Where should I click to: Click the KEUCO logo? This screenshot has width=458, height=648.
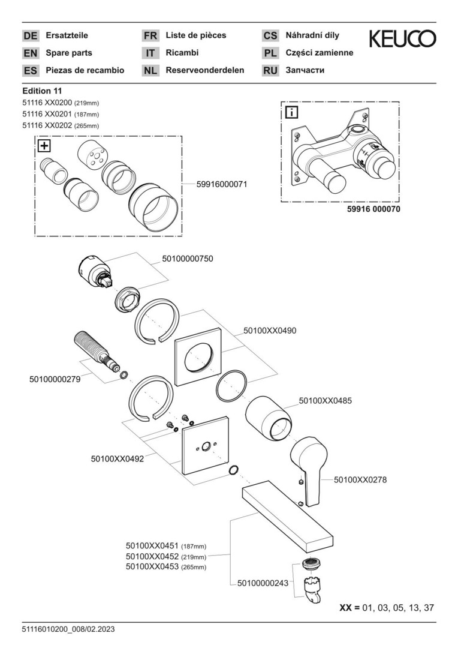pyautogui.click(x=402, y=40)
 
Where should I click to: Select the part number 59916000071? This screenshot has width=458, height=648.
pyautogui.click(x=222, y=185)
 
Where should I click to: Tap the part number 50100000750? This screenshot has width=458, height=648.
pyautogui.click(x=188, y=259)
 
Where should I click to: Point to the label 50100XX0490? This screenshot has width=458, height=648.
pyautogui.click(x=270, y=331)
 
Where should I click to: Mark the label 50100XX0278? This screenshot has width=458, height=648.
pyautogui.click(x=360, y=479)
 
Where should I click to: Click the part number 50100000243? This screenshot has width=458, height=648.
pyautogui.click(x=264, y=583)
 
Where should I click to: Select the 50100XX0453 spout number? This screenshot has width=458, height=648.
pyautogui.click(x=153, y=567)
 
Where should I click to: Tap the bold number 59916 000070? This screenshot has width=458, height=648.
pyautogui.click(x=373, y=210)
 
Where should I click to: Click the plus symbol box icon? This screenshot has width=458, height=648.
pyautogui.click(x=44, y=146)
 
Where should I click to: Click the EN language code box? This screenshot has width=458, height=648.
pyautogui.click(x=31, y=53)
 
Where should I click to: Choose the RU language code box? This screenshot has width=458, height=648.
pyautogui.click(x=270, y=70)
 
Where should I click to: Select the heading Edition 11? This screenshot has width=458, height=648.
pyautogui.click(x=42, y=91)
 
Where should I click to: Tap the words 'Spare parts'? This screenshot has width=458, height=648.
pyautogui.click(x=69, y=53)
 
